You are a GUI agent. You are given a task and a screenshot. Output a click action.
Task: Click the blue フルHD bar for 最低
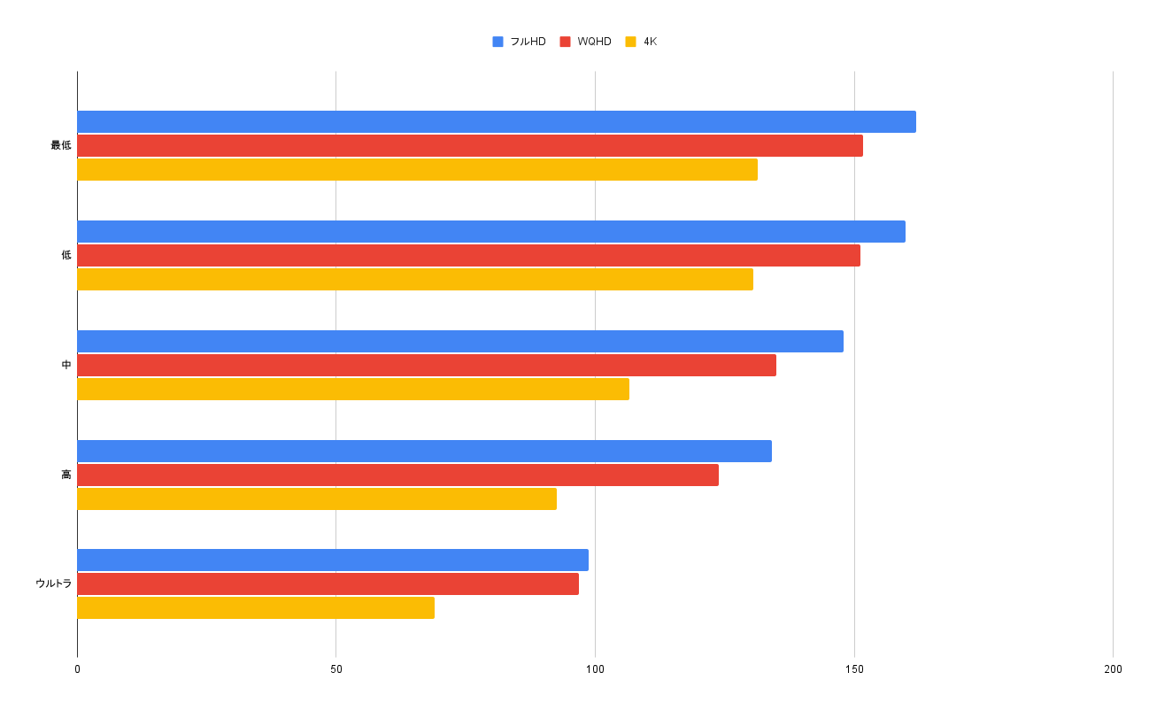[x=496, y=122]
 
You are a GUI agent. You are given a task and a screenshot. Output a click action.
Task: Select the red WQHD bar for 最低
[x=469, y=146]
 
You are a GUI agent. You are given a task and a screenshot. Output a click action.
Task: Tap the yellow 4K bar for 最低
[x=417, y=170]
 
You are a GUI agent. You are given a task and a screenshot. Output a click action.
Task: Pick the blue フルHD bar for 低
[x=491, y=232]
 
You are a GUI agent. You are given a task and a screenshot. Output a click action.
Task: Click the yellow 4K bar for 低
[x=415, y=280]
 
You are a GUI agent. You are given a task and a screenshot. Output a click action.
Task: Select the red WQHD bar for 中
[x=427, y=366]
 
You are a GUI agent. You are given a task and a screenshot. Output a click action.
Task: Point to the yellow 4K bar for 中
[x=353, y=390]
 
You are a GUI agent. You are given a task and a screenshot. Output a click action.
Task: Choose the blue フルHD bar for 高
[x=424, y=452]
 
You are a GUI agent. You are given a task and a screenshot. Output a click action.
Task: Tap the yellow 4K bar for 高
[x=317, y=499]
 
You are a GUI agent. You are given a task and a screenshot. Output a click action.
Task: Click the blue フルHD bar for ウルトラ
[x=333, y=560]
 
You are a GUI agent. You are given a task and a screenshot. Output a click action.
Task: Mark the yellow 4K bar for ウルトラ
[x=256, y=608]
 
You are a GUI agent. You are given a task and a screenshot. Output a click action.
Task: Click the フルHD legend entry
[x=520, y=42]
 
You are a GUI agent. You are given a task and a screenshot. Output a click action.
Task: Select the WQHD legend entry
[x=586, y=42]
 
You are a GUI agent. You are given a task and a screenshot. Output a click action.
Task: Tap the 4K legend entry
[x=642, y=42]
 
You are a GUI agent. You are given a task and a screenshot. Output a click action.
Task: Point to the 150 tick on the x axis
[x=854, y=669]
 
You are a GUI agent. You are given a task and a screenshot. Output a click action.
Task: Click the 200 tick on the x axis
[x=1113, y=669]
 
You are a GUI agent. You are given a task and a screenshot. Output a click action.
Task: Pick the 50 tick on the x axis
[x=336, y=669]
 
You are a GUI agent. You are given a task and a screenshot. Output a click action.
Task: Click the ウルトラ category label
[x=53, y=583]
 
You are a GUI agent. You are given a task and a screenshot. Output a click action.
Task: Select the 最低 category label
[x=60, y=145]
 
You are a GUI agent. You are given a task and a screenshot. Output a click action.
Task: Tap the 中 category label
[x=66, y=365]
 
